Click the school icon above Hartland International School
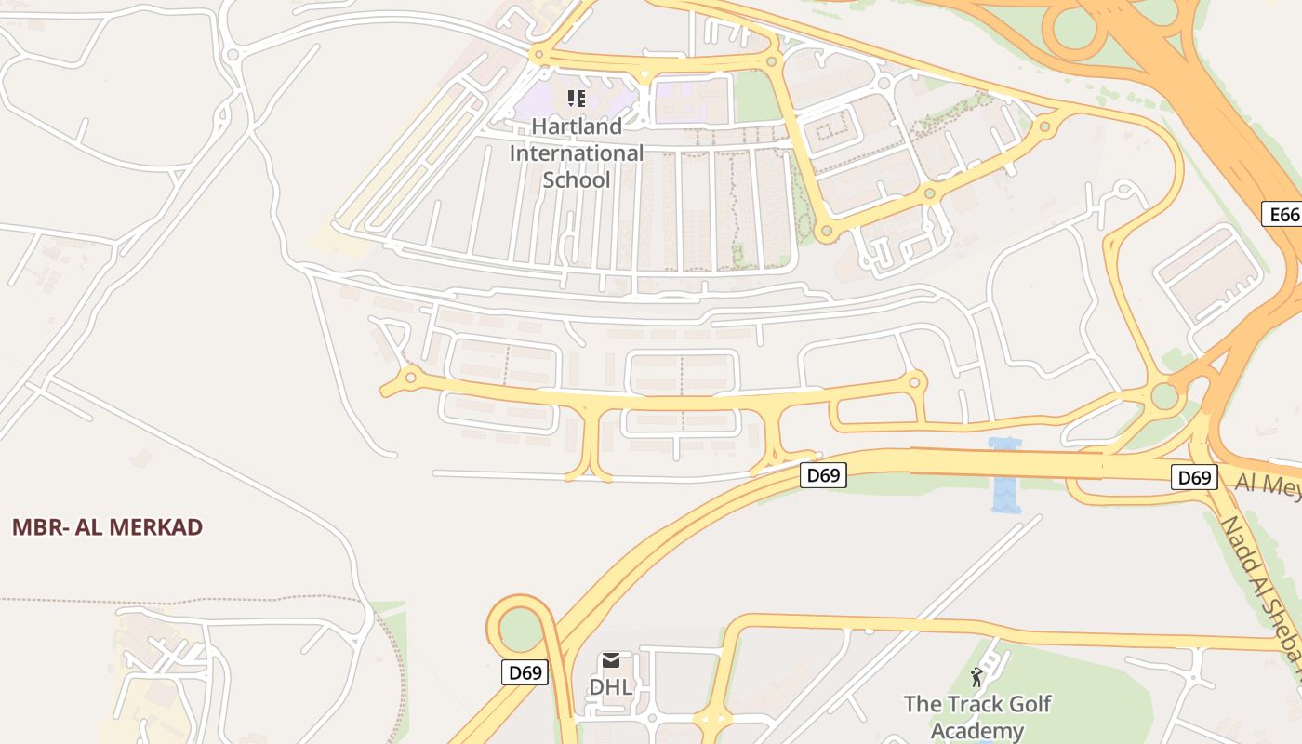(577, 98)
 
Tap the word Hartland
(577, 126)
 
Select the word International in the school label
(577, 153)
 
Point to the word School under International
(577, 179)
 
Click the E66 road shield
(1284, 215)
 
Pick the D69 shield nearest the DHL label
(525, 672)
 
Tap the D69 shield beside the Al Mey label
(1193, 478)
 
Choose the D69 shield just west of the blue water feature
(823, 475)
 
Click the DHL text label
(611, 687)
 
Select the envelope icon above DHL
(611, 660)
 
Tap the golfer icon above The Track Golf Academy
(976, 676)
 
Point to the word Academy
(976, 731)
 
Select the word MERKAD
(155, 527)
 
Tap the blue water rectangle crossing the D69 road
(1005, 475)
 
